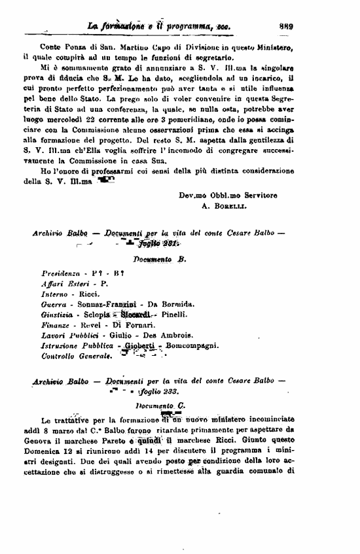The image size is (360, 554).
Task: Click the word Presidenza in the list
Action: [60, 272]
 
